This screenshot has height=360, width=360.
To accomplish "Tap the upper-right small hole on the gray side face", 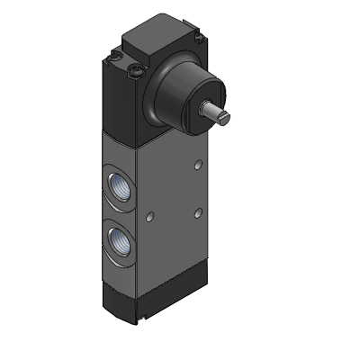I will [197, 168].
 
